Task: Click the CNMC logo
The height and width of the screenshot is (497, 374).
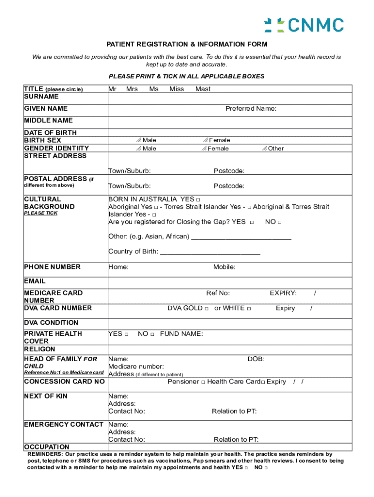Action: coord(304,25)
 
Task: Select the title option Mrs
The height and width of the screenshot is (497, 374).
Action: coord(132,89)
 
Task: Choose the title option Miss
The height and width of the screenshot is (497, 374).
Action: coord(176,89)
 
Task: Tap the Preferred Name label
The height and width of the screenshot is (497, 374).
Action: coord(251,108)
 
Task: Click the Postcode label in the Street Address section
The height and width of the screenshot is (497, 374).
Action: coord(229,171)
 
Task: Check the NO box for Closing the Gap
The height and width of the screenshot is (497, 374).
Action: coord(280,222)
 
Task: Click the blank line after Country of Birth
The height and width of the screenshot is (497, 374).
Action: coord(210,252)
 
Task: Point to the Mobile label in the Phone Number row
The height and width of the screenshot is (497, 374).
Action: coord(224,267)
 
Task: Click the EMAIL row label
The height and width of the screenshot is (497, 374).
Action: coord(35,281)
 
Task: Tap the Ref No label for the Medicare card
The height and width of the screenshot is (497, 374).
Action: coord(218,293)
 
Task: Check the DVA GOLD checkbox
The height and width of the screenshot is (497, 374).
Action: coord(206,309)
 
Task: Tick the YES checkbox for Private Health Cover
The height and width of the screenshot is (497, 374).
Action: coord(126,334)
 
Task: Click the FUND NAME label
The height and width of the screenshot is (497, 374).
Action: coord(181,334)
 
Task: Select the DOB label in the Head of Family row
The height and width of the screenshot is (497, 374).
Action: coord(256,359)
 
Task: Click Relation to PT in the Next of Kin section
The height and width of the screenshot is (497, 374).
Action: coord(234,411)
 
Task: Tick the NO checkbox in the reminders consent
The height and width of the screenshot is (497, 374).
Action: coord(266,468)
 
